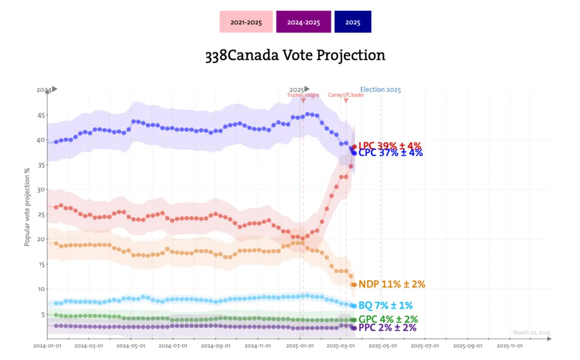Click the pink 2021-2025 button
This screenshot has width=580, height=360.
[246, 22]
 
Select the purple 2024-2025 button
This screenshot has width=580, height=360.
[303, 22]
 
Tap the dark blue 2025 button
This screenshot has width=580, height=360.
[353, 22]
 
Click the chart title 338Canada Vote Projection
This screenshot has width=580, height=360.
[295, 55]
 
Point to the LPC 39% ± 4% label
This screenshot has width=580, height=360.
[390, 146]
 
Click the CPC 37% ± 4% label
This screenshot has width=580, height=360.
[390, 153]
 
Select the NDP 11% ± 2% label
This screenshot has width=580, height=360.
[392, 284]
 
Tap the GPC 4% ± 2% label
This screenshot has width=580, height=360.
[388, 320]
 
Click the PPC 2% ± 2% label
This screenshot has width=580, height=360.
[387, 328]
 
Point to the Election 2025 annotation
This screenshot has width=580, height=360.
[380, 90]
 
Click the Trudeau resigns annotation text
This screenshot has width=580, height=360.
[303, 95]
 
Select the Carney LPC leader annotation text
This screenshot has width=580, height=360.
[345, 95]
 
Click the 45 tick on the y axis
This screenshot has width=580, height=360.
[41, 115]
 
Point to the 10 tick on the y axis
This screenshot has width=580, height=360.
[41, 289]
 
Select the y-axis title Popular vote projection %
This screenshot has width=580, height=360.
[27, 207]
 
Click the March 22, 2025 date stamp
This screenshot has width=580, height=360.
[532, 333]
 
